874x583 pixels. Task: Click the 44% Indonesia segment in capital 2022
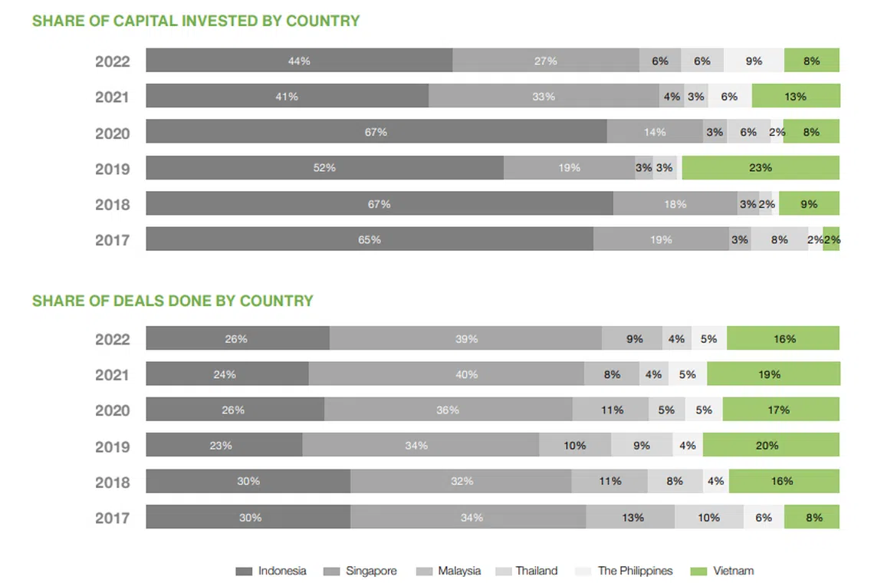[299, 61]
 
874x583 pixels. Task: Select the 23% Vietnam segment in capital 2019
[761, 167]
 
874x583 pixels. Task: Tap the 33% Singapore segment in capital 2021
[544, 96]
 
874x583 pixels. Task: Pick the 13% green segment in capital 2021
[796, 96]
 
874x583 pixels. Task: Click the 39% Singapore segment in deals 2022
[466, 338]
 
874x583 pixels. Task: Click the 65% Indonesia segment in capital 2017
[370, 239]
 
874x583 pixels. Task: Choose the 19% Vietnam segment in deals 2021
[774, 374]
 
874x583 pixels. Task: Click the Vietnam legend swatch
[698, 571]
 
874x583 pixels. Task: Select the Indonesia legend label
[282, 571]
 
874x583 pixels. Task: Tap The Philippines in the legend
[635, 571]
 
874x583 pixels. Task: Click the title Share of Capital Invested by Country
[195, 21]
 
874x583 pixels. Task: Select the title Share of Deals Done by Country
[172, 301]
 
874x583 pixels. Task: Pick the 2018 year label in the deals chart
[112, 483]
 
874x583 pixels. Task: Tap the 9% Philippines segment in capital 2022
[754, 61]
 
